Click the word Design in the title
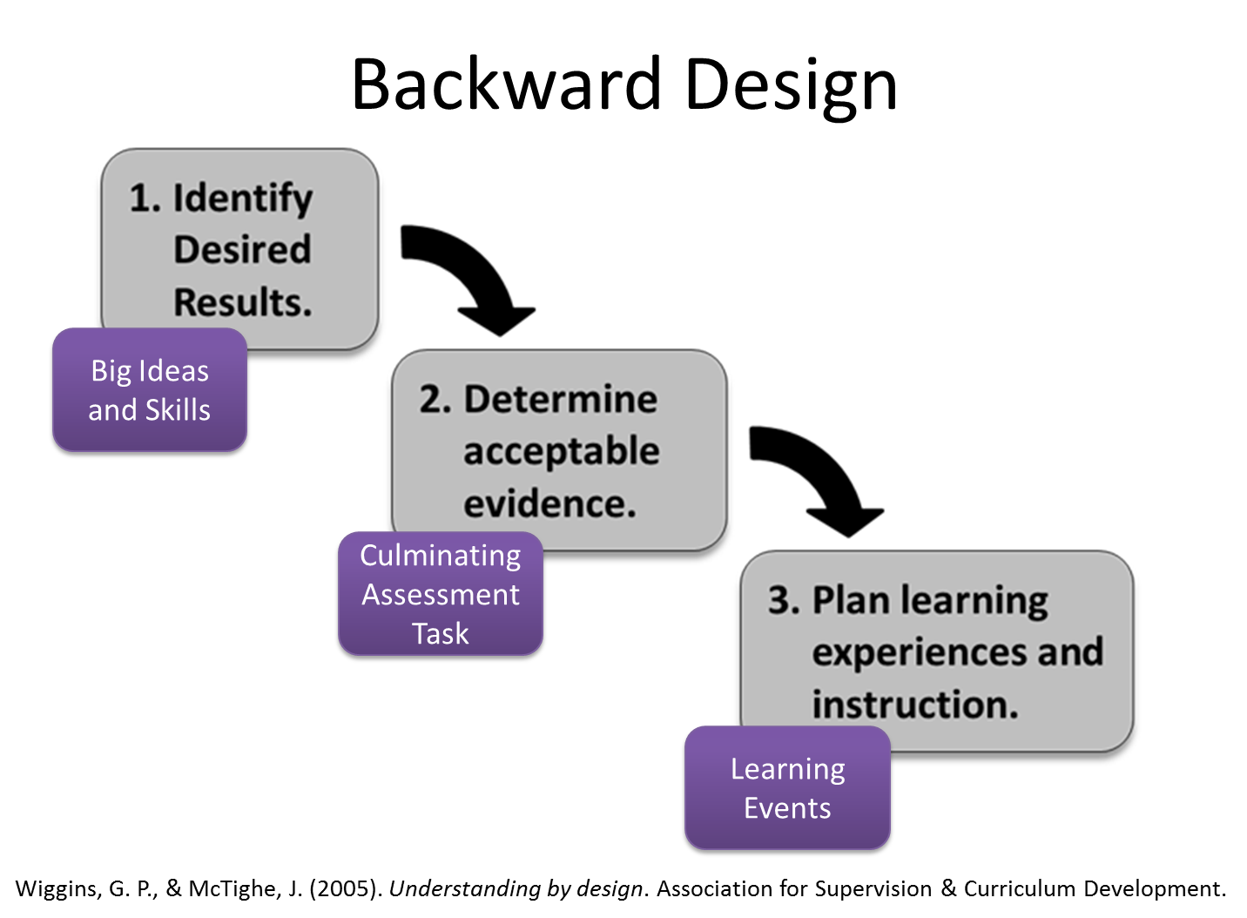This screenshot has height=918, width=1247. click(x=791, y=87)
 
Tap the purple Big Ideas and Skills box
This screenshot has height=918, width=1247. click(x=149, y=390)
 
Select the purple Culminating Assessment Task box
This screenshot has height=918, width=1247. click(x=440, y=594)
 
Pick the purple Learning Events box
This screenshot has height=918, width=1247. click(x=787, y=788)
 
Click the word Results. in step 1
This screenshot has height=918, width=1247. click(x=242, y=303)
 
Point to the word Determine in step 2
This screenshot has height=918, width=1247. click(x=560, y=400)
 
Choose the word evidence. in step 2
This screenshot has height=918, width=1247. click(x=549, y=504)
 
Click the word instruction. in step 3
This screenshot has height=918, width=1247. click(x=914, y=705)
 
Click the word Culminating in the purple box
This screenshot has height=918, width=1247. click(x=440, y=556)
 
